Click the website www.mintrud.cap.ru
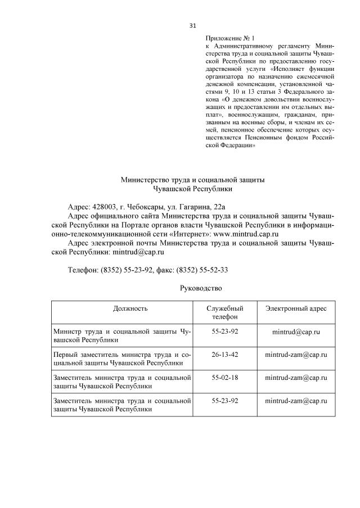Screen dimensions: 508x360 (x=246, y=233)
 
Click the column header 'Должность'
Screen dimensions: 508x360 (x=121, y=309)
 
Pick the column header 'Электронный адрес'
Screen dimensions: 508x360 (x=296, y=309)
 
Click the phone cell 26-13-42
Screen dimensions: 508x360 (x=225, y=355)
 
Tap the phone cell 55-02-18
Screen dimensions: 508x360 (x=225, y=377)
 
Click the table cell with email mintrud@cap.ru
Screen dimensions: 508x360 (x=296, y=332)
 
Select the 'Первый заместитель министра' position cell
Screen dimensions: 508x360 (x=121, y=359)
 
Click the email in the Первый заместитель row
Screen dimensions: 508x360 (x=296, y=355)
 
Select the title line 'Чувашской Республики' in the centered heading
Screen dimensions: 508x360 (x=192, y=189)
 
